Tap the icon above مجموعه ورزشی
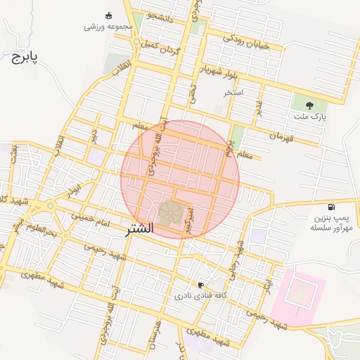108,15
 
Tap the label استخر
233,92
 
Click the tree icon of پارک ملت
309,105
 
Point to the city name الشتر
141,229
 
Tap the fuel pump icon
331,207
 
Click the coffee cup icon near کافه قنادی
202,285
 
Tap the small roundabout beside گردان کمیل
136,43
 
